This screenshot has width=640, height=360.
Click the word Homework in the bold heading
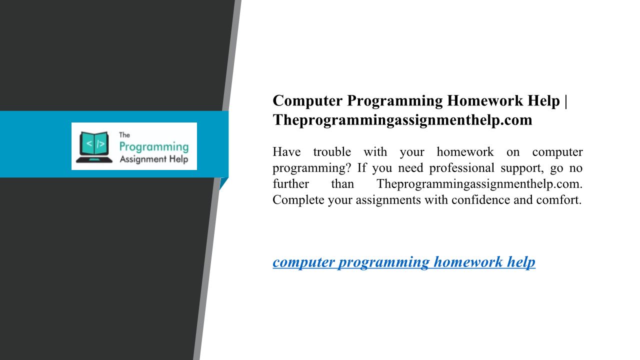[485, 100]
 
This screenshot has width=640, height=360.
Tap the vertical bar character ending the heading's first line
[565, 101]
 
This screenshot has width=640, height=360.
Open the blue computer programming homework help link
[404, 262]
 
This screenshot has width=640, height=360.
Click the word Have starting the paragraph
[286, 151]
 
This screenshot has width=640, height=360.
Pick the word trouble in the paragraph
[332, 151]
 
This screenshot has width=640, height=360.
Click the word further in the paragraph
[291, 183]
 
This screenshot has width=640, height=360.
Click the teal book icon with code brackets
[94, 147]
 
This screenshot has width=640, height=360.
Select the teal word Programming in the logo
[154, 147]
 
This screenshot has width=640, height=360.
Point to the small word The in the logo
[124, 135]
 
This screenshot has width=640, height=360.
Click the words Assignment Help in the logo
[154, 159]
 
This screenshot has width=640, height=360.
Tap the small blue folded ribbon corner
[223, 183]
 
